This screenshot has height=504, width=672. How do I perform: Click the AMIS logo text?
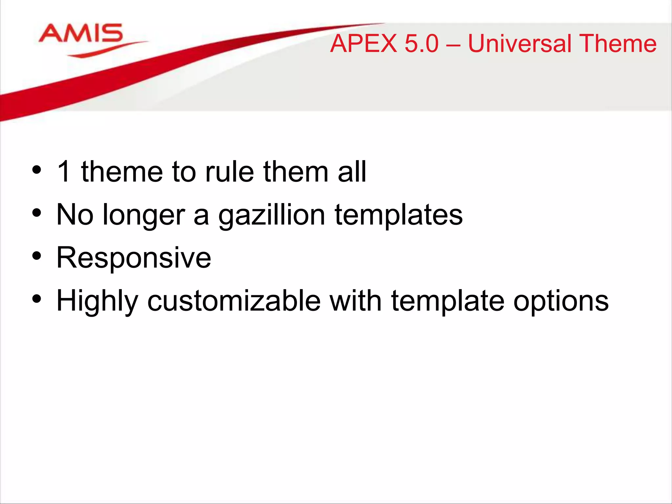click(81, 33)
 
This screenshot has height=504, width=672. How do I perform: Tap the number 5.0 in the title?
click(422, 44)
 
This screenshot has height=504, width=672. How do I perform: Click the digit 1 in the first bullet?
click(64, 171)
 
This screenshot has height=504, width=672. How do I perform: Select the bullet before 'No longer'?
click(37, 213)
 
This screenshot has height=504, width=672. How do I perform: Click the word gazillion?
click(272, 215)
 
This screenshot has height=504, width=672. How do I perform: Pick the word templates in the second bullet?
click(398, 215)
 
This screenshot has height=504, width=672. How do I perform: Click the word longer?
click(144, 215)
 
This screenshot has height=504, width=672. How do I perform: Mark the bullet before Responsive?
click(37, 256)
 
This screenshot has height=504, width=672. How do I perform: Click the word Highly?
click(97, 301)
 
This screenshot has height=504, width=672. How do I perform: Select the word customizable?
click(234, 301)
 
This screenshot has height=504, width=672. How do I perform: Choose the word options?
click(561, 301)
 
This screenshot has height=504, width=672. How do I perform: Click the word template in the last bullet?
click(448, 301)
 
